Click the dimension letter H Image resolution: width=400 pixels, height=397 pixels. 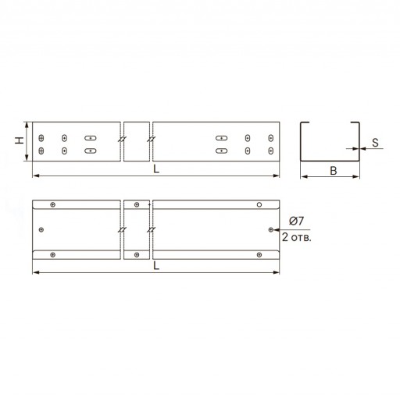(19, 140)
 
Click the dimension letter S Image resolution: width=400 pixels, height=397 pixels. (375, 143)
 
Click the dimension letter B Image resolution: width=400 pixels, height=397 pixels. (334, 171)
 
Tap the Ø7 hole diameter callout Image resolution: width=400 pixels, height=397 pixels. (296, 221)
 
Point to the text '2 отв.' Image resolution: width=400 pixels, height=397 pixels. (297, 237)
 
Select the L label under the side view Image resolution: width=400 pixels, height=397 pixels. (156, 169)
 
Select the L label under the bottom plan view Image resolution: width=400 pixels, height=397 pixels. (156, 266)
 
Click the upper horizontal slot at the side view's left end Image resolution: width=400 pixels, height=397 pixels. (91, 138)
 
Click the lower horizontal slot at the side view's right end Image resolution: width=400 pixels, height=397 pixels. (221, 151)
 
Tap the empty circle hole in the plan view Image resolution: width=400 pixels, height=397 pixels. (259, 204)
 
